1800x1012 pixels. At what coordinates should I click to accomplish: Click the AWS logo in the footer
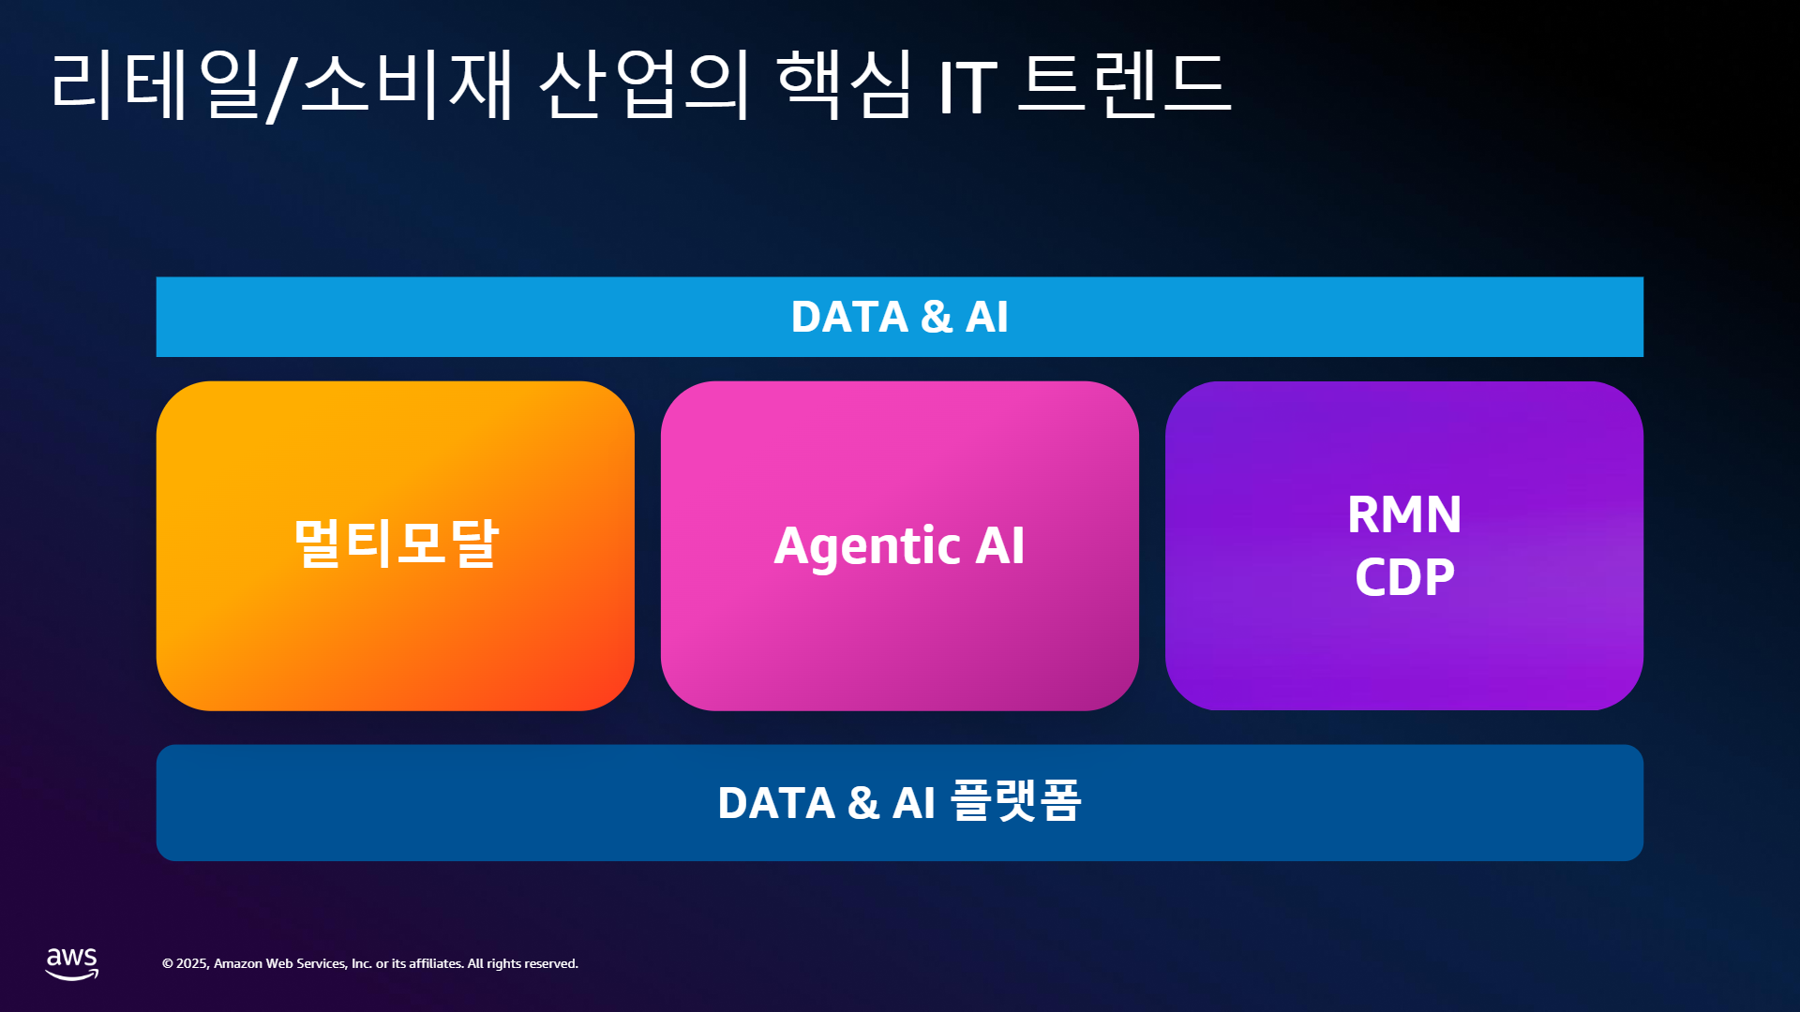(72, 963)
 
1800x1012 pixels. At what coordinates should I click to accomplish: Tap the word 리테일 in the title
(156, 85)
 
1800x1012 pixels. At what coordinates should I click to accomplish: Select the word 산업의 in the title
(645, 85)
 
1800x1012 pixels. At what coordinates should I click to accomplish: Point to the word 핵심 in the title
(845, 85)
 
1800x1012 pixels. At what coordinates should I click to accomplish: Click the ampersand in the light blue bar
(937, 317)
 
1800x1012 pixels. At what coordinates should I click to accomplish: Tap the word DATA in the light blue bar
(849, 317)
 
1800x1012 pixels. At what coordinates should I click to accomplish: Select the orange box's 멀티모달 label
(396, 543)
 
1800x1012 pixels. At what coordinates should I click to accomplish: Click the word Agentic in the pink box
(867, 547)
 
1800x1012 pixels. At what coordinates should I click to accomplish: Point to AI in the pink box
(1000, 545)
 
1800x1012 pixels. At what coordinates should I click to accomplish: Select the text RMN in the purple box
(1404, 514)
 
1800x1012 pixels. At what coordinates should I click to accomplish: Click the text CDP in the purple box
(1404, 576)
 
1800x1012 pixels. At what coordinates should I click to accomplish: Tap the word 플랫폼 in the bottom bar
(1016, 801)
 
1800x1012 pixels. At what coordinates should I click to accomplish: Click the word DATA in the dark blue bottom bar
(776, 803)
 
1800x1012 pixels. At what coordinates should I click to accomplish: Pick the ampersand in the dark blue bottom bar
(863, 803)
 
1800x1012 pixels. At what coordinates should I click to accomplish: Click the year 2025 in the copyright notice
(193, 963)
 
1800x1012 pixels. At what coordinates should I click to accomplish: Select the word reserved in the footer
(551, 963)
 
